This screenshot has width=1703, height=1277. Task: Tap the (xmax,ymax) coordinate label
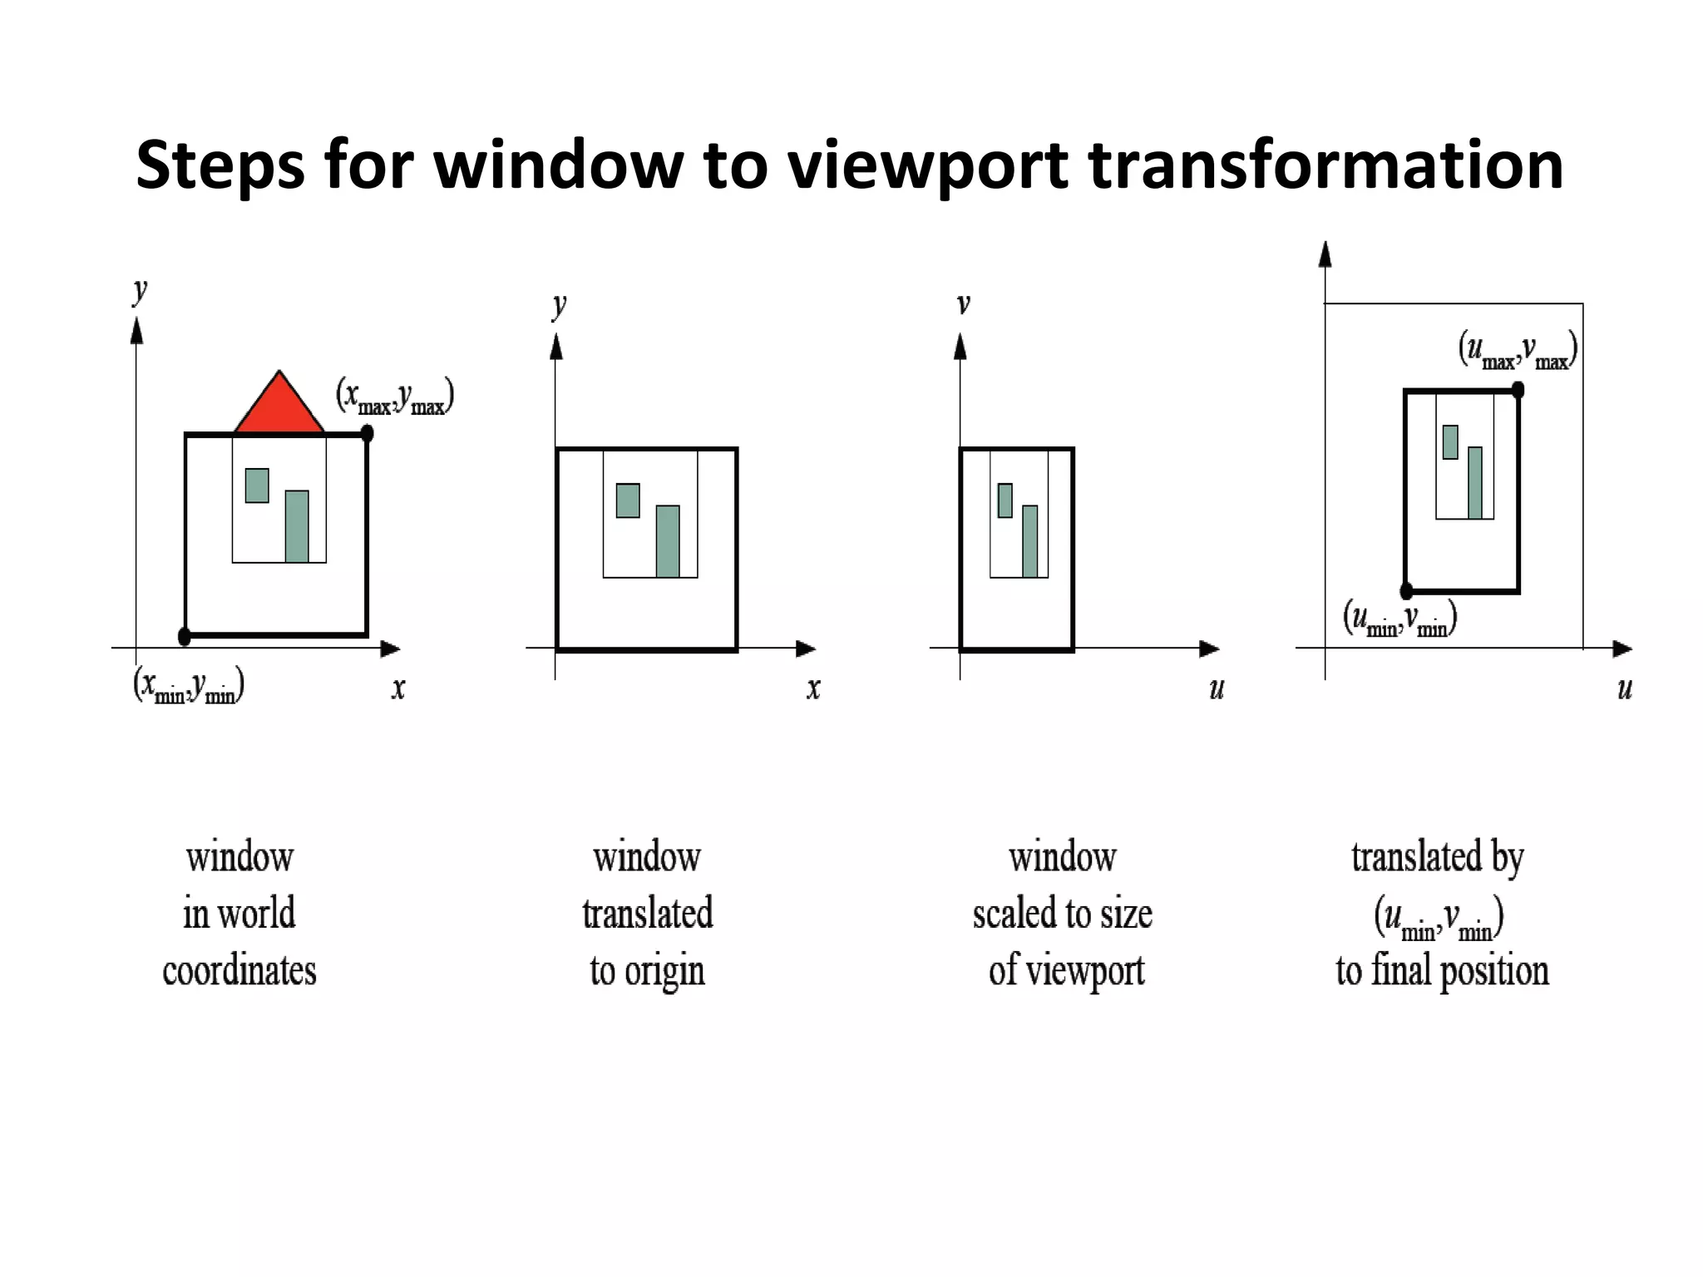(x=394, y=397)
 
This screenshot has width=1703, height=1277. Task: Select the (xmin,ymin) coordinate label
(x=188, y=687)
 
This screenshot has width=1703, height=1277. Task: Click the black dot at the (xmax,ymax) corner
(x=367, y=433)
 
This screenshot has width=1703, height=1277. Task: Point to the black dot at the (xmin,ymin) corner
(x=185, y=637)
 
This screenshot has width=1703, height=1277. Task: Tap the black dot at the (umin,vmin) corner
(x=1406, y=591)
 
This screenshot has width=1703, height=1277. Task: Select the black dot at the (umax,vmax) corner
(x=1518, y=389)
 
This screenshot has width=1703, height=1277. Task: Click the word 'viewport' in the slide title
(x=927, y=165)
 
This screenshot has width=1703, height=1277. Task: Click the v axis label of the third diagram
(x=963, y=304)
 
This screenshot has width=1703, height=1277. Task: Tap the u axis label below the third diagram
(x=1217, y=688)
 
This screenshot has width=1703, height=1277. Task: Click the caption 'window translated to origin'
(x=647, y=914)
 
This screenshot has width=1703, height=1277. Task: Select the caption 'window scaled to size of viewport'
(x=1063, y=914)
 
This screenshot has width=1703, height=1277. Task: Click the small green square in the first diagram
(x=257, y=486)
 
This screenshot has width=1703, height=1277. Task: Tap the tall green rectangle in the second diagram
(x=668, y=541)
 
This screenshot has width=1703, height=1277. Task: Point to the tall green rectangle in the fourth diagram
(x=1475, y=483)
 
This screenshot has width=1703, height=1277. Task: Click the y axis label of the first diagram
(x=140, y=291)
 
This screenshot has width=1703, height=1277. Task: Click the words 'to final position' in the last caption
(x=1442, y=971)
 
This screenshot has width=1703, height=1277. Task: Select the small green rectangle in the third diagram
(x=1005, y=500)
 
